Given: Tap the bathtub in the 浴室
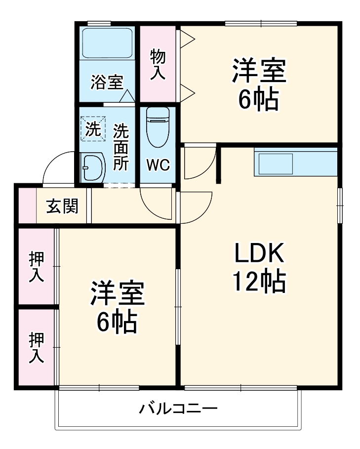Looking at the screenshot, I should click(x=107, y=43).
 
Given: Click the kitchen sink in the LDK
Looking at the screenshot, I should click(x=274, y=163).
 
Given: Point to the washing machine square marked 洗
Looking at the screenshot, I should click(x=92, y=129).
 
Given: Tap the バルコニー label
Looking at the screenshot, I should click(x=178, y=409).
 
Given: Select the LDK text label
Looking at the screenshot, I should click(x=259, y=254).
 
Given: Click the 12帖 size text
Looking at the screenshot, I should click(x=259, y=282).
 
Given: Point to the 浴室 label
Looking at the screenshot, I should click(x=106, y=82).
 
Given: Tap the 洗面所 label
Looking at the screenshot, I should click(x=121, y=147).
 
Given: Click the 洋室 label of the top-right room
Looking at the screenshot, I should click(x=259, y=72).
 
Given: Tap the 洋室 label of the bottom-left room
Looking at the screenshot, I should click(x=117, y=295).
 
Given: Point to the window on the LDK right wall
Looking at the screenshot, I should click(x=339, y=205).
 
